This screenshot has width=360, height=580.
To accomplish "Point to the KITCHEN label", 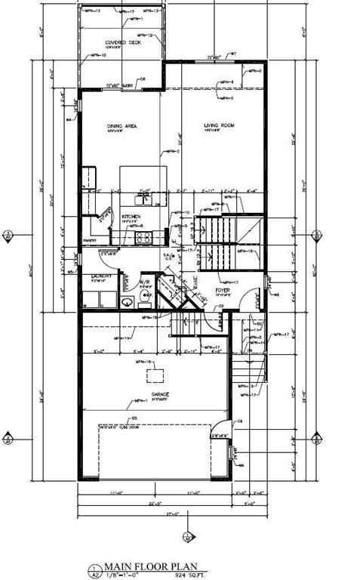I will coord(131,217).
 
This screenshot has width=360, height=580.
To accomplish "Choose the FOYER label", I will coord(222,289).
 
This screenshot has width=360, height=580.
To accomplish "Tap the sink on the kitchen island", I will coord(143,199).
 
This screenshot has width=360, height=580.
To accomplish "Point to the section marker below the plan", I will coord(186,538).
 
